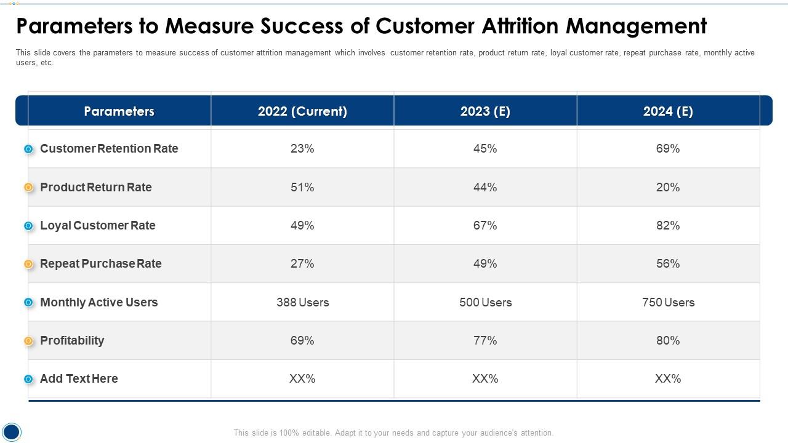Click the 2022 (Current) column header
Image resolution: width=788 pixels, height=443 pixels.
click(302, 111)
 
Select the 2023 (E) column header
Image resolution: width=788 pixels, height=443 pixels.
click(485, 111)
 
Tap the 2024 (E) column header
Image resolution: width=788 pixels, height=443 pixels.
click(668, 111)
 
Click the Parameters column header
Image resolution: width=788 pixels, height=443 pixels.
click(119, 111)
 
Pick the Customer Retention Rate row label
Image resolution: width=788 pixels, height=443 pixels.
click(109, 149)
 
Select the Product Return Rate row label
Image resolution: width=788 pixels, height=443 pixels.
click(95, 187)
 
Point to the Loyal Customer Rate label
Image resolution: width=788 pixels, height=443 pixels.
click(97, 226)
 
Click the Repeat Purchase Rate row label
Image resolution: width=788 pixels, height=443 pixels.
click(100, 264)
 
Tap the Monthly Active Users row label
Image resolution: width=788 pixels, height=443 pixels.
click(98, 302)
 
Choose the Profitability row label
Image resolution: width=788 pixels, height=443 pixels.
click(72, 341)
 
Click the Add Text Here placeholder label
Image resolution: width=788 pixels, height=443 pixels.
click(79, 379)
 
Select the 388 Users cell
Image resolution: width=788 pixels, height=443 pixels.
click(302, 302)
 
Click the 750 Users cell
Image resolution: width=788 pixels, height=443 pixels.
click(668, 302)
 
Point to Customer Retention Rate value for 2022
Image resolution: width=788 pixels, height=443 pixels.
click(302, 149)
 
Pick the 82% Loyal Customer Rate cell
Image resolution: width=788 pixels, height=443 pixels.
click(668, 226)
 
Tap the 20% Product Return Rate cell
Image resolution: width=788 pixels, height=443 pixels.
click(668, 187)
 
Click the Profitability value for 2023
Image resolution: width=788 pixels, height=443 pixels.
click(485, 341)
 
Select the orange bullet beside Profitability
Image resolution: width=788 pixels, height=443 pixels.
click(28, 341)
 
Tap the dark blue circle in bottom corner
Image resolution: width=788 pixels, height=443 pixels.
click(12, 431)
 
